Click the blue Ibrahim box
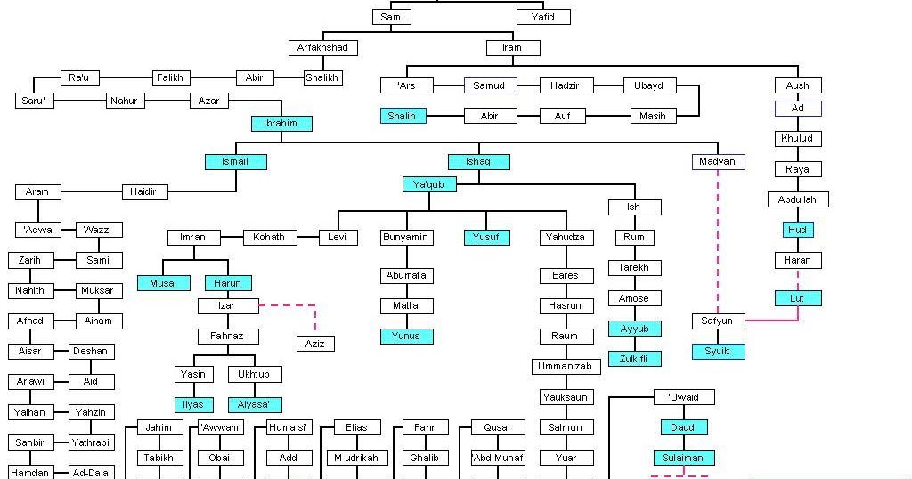click(x=281, y=123)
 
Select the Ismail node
click(x=236, y=161)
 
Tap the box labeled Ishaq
click(x=479, y=161)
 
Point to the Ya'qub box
click(x=429, y=184)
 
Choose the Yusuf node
click(x=486, y=237)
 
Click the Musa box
click(x=163, y=283)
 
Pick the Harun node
click(x=227, y=283)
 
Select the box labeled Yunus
click(x=406, y=336)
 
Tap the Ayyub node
click(x=634, y=329)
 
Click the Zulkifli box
click(x=634, y=359)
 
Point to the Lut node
click(x=797, y=298)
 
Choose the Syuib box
click(x=718, y=351)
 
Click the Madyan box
click(x=718, y=161)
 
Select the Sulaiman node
click(x=683, y=458)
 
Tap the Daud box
click(x=683, y=427)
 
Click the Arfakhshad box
click(x=323, y=47)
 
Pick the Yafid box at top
click(x=542, y=17)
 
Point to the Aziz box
click(x=315, y=344)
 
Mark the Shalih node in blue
click(x=403, y=116)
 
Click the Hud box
click(x=797, y=230)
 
